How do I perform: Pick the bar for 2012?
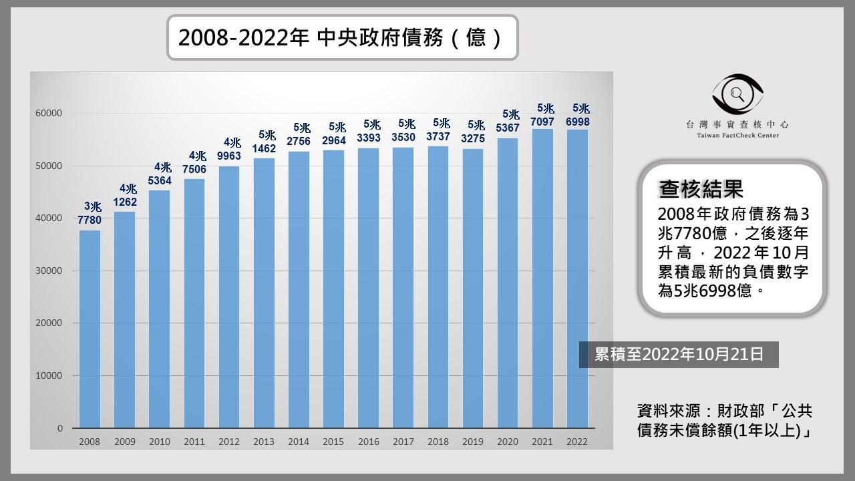tap(229, 297)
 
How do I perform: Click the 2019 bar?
tap(473, 288)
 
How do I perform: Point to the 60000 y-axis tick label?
tap(49, 114)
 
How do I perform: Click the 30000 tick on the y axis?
tap(49, 271)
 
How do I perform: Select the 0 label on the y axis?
tap(59, 428)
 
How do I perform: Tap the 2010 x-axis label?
tap(160, 442)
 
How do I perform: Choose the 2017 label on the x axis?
tap(403, 442)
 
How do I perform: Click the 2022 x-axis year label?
tap(577, 442)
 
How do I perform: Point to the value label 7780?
tap(90, 220)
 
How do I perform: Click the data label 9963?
tap(229, 156)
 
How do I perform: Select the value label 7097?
tap(542, 122)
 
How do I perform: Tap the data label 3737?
tap(438, 138)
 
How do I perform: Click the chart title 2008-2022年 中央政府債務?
tap(341, 37)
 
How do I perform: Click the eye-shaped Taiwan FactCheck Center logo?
tap(737, 94)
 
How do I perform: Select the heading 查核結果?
tap(701, 190)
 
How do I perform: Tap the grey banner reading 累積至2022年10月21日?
tap(679, 354)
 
